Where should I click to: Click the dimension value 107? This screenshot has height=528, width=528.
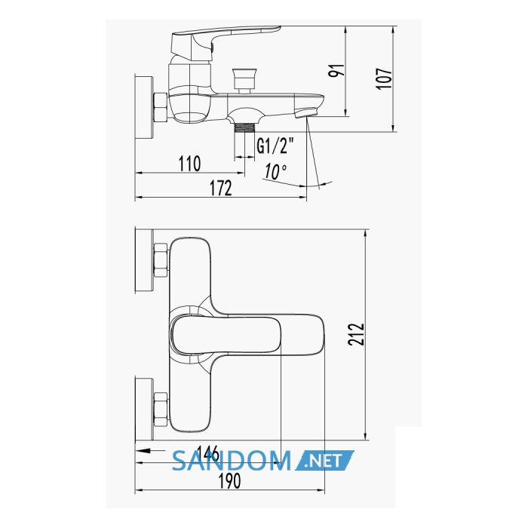[x=384, y=78]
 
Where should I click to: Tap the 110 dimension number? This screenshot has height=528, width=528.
[x=189, y=164]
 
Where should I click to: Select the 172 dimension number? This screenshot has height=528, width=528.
[x=221, y=188]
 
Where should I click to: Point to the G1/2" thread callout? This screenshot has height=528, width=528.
[x=275, y=146]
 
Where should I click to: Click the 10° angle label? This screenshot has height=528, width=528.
[x=275, y=171]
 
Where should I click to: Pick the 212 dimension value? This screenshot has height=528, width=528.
[x=356, y=334]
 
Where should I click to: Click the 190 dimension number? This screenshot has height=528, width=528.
[x=229, y=480]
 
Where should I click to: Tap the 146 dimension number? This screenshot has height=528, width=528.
[x=207, y=453]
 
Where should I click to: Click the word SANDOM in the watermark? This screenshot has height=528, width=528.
[x=232, y=461]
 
